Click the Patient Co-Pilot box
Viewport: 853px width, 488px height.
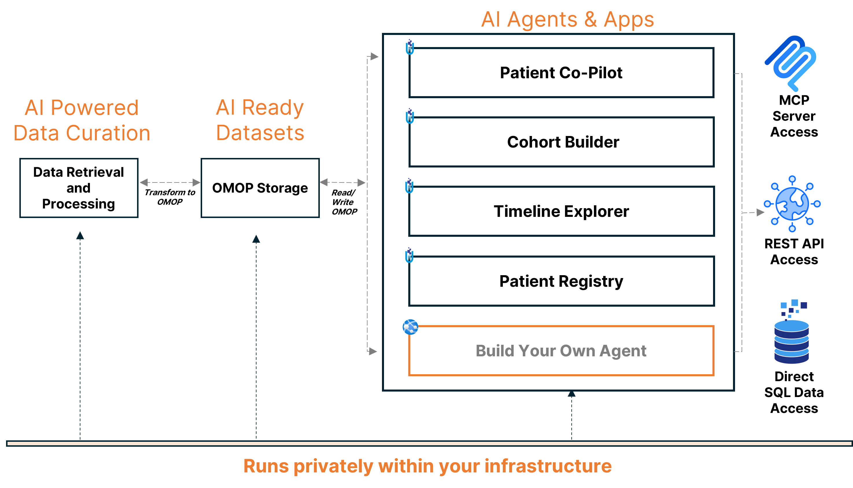click(561, 73)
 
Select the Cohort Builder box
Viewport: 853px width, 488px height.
click(561, 142)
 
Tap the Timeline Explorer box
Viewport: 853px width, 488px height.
click(561, 211)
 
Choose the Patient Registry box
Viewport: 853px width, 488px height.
click(561, 281)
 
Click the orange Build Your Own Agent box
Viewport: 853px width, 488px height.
click(561, 351)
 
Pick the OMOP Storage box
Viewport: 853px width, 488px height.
click(260, 188)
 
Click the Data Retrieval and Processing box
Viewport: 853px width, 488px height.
click(79, 188)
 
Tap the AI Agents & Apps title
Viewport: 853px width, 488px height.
click(567, 19)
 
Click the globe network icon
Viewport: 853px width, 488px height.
click(792, 204)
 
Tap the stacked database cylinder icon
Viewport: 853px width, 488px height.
click(792, 332)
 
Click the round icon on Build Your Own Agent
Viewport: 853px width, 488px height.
click(410, 327)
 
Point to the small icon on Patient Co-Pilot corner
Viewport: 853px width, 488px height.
click(410, 47)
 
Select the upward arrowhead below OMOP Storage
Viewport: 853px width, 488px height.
click(256, 239)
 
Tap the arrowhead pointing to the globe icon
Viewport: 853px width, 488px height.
click(760, 213)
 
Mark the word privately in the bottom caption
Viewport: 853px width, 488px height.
click(333, 466)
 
